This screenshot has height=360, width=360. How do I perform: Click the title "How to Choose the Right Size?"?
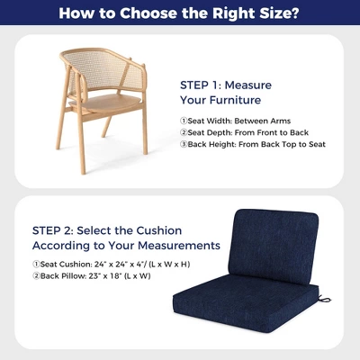pos(180,14)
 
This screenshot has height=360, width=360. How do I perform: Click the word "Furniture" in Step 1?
pos(236,100)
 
